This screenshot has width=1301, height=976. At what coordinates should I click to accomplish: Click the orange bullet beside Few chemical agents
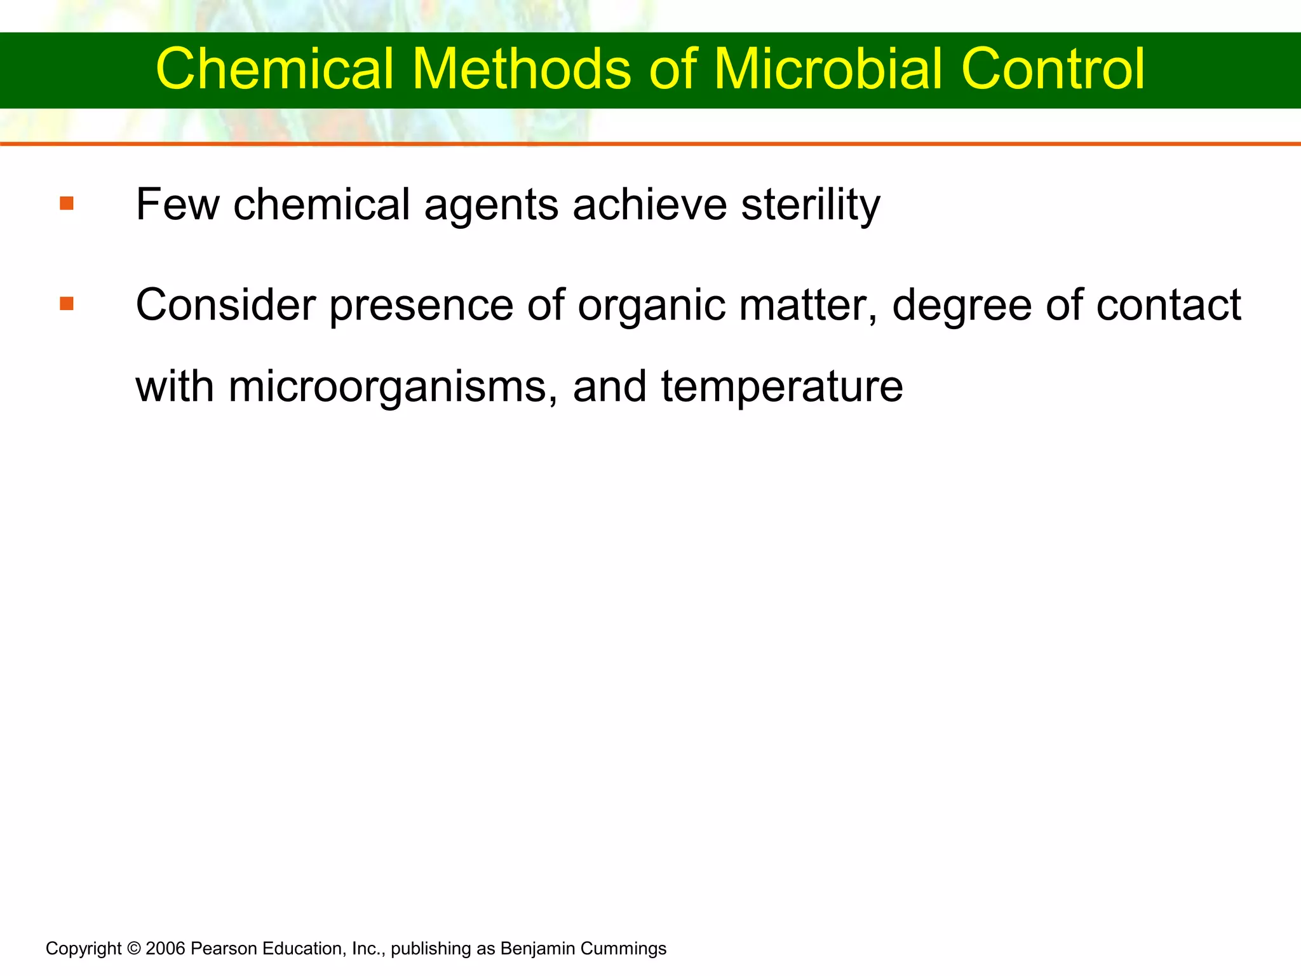pyautogui.click(x=67, y=204)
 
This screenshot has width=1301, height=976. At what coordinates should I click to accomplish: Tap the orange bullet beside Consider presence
pyautogui.click(x=67, y=304)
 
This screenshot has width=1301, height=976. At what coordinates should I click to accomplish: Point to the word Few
pyautogui.click(x=177, y=205)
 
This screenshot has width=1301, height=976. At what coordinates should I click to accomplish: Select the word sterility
pyautogui.click(x=811, y=205)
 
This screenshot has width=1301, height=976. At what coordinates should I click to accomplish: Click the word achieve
pyautogui.click(x=649, y=205)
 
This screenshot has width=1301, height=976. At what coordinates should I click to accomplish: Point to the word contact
pyautogui.click(x=1168, y=305)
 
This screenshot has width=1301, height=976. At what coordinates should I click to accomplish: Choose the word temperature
pyautogui.click(x=782, y=388)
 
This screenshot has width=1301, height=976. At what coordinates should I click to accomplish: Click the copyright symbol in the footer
pyautogui.click(x=133, y=949)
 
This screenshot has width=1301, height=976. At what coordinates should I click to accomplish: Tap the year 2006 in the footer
pyautogui.click(x=165, y=949)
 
